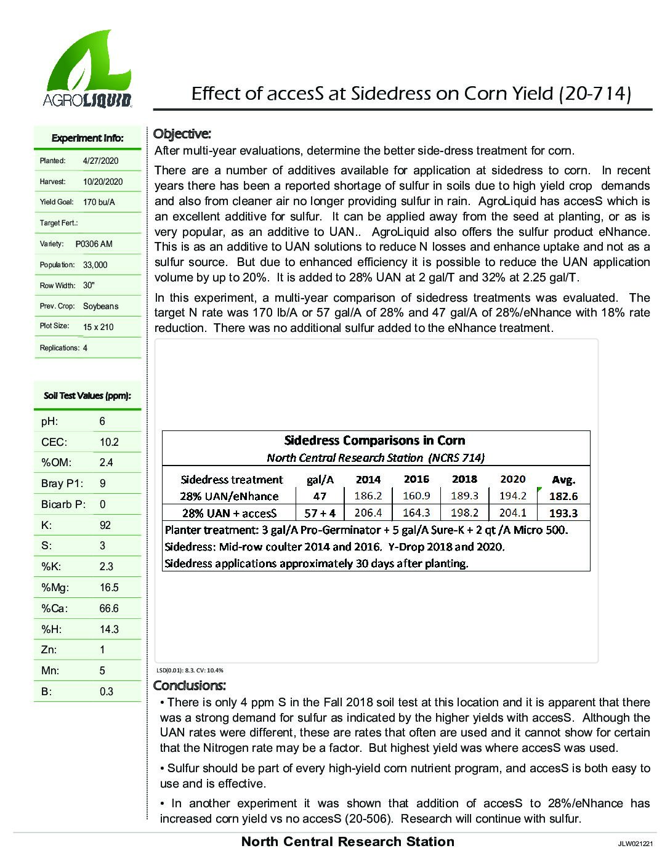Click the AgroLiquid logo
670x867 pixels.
point(87,69)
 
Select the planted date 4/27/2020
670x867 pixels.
point(100,161)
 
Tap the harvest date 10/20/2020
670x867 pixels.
point(103,182)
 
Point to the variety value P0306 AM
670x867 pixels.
point(94,244)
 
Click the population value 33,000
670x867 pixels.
point(95,265)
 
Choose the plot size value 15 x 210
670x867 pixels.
point(99,327)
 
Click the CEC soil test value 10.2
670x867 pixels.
point(109,442)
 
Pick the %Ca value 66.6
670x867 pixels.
point(109,608)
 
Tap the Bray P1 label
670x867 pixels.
point(62,483)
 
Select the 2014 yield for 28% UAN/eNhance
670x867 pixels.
point(368,496)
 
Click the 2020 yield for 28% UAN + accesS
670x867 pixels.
point(512,513)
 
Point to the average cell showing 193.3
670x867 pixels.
point(563,513)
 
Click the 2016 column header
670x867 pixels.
point(416,479)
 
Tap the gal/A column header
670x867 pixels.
point(320,480)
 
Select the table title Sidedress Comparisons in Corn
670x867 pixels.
point(374,440)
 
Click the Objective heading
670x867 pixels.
point(182,134)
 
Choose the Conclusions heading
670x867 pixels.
point(189,685)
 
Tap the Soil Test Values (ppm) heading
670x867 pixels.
point(87,396)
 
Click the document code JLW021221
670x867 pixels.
point(635,844)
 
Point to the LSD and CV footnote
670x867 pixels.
point(190,671)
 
